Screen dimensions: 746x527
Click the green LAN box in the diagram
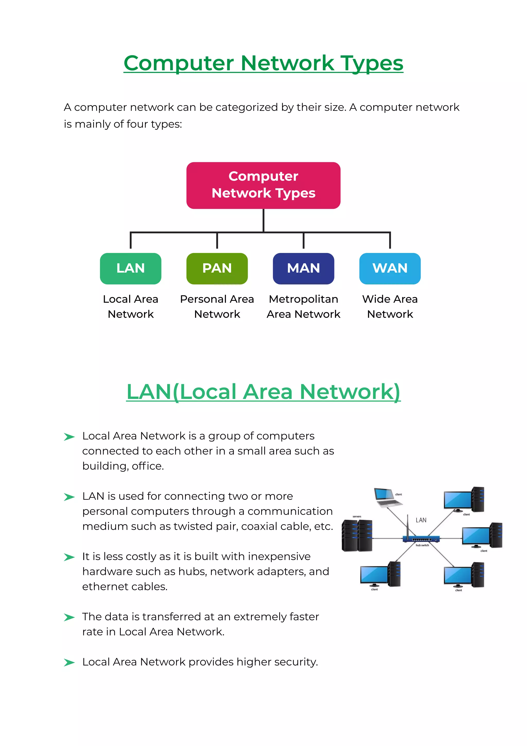point(130,268)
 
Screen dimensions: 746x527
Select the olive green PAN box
point(217,268)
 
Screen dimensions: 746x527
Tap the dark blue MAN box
point(303,268)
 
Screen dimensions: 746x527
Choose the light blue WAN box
point(390,268)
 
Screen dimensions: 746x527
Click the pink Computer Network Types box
point(263,185)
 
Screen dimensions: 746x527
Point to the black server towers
point(357,536)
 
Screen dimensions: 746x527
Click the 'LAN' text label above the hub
point(421,520)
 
